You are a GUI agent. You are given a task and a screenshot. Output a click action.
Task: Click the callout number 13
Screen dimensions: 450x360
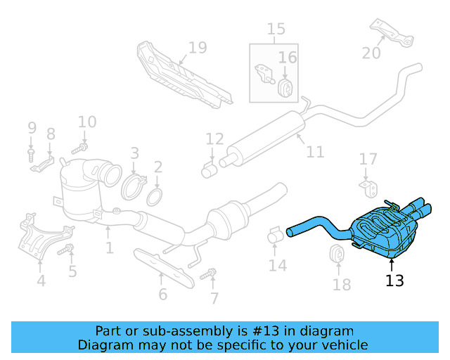tap(394, 281)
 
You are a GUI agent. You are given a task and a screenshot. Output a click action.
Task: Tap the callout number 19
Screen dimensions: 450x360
tap(198, 48)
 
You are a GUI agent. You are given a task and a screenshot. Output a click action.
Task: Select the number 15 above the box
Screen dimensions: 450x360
tap(276, 30)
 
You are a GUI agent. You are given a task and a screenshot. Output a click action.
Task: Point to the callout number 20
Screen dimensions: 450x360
tap(371, 53)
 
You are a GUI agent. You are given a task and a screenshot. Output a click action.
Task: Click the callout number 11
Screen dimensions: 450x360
tap(315, 152)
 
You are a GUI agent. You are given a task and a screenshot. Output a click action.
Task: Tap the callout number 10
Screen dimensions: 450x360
tap(87, 122)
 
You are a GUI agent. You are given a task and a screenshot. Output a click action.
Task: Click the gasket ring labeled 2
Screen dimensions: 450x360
tap(157, 194)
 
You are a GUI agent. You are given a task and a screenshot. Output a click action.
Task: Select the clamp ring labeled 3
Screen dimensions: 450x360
tap(132, 188)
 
